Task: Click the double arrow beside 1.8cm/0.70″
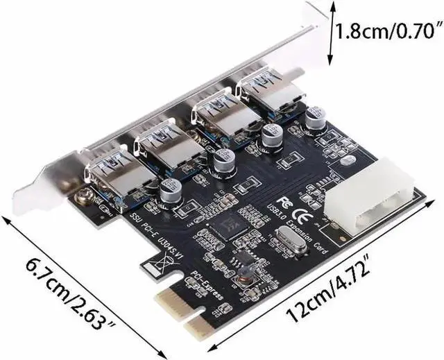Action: [331, 32]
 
